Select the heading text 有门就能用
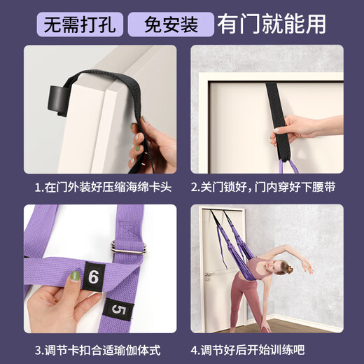[x=273, y=23]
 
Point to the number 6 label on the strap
[x=92, y=277]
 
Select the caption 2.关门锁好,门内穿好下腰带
[x=267, y=188]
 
